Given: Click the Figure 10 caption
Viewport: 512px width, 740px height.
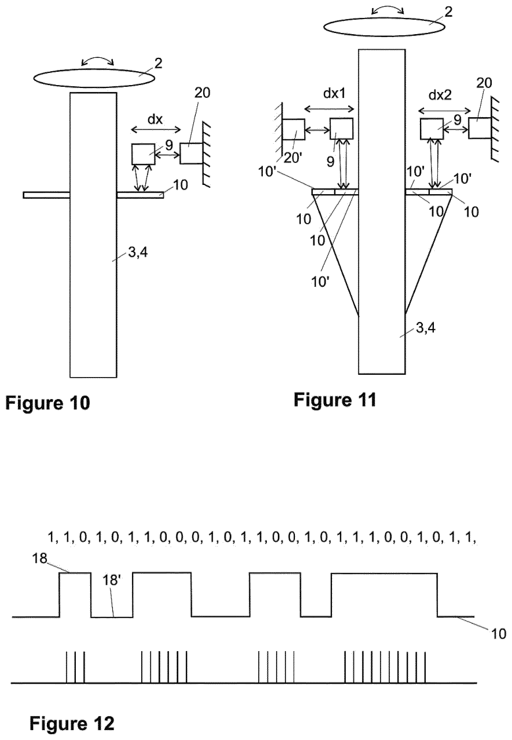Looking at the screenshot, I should click(48, 403).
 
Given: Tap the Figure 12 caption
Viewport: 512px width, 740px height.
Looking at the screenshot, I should click(72, 715).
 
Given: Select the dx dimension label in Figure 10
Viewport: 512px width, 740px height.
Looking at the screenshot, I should click(155, 119).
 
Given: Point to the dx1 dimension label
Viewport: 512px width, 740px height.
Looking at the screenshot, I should click(335, 94).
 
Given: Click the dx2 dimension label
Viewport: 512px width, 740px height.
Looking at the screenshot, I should click(440, 95).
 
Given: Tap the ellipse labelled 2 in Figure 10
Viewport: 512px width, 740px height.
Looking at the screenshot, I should click(94, 78).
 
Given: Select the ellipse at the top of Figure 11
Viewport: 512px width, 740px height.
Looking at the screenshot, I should click(384, 27).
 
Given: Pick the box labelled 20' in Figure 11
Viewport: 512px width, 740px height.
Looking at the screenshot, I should click(293, 129).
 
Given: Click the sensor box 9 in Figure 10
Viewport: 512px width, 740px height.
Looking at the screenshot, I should click(143, 154).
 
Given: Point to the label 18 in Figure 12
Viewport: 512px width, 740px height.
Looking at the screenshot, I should click(39, 559).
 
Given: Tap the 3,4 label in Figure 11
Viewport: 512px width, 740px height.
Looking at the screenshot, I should click(425, 328).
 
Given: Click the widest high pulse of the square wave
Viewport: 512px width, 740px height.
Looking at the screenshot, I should click(384, 573).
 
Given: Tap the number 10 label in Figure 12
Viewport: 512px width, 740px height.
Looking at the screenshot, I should click(498, 634).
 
